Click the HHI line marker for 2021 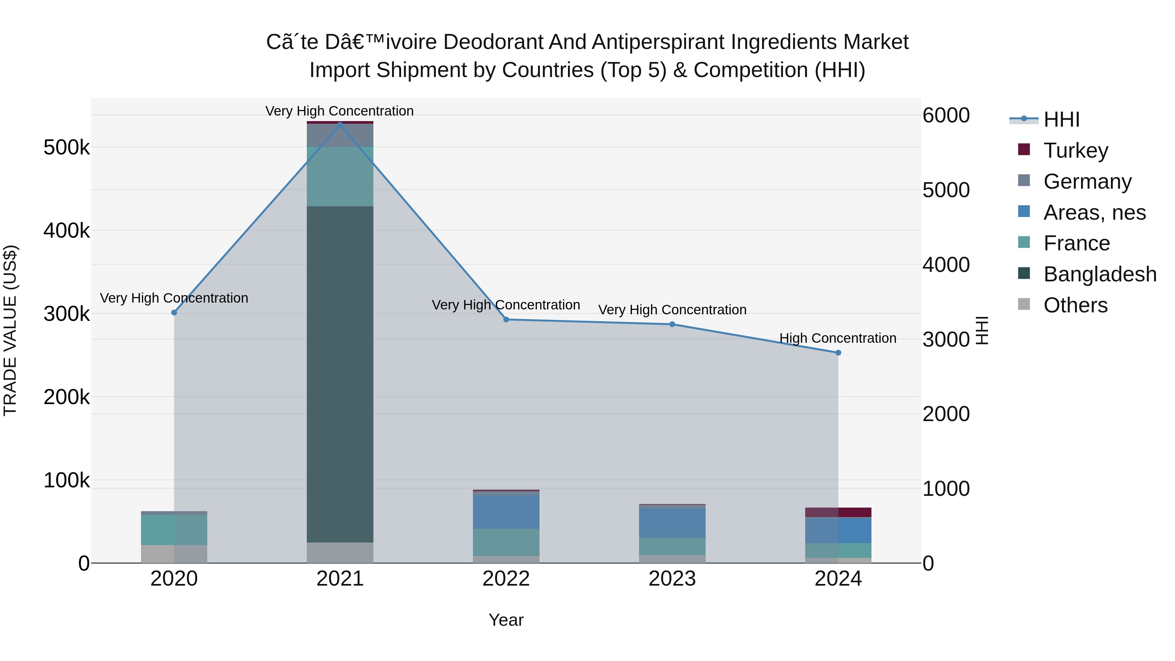point(340,125)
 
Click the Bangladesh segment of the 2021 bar point(340,374)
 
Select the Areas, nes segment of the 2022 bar point(506,512)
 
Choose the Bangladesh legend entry point(1099,274)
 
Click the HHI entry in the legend point(1061,119)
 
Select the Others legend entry point(1075,305)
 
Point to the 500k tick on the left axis point(67,147)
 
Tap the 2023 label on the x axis point(672,579)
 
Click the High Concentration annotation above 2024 point(838,338)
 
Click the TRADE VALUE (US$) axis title point(10,330)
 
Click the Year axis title point(506,620)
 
